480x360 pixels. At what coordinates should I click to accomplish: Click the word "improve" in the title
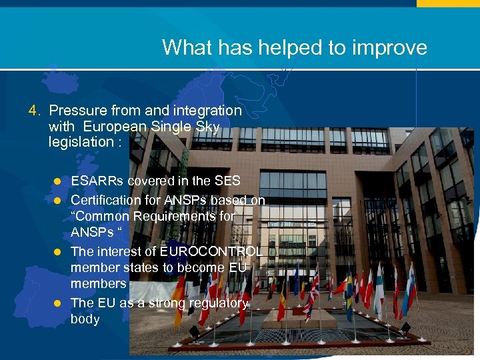pos(394,47)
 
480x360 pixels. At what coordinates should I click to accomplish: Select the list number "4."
pos(35,110)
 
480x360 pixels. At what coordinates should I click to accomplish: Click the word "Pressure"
pos(75,110)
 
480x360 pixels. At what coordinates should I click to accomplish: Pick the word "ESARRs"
pos(97,181)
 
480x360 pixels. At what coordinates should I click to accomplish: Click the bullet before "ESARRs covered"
pos(58,181)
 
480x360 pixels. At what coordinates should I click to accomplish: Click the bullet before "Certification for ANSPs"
pos(58,200)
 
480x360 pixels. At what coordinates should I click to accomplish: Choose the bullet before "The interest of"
pos(58,252)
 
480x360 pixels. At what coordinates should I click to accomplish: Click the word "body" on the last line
pos(85,319)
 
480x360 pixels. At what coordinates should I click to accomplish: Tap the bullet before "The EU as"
pos(58,303)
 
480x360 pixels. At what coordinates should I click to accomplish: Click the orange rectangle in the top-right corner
pos(447,3)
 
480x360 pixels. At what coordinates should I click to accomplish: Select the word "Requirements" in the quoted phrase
pos(179,216)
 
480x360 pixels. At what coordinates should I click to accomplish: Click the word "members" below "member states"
pos(98,283)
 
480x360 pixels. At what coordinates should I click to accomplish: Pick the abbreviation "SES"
pos(227,181)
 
